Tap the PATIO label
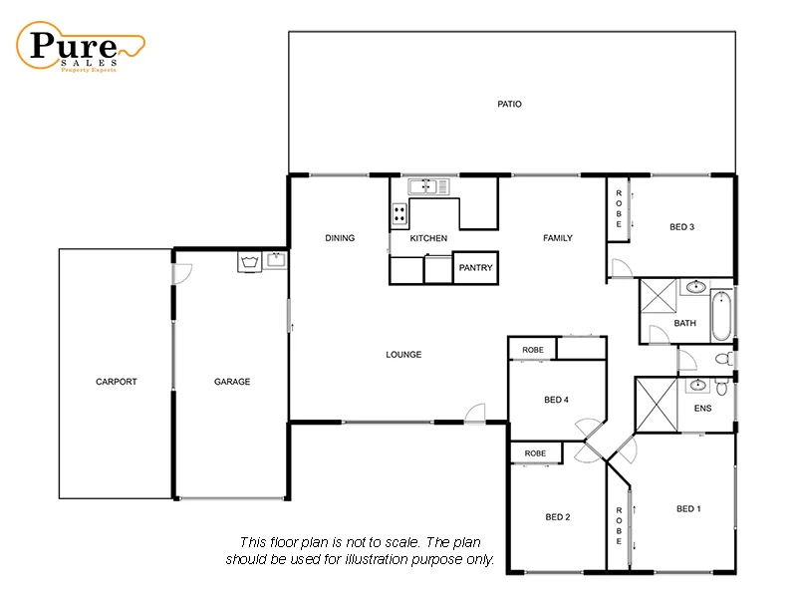510,104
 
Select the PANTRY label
474,268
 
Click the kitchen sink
428,185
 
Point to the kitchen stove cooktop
399,214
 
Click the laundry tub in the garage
249,262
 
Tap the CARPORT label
116,382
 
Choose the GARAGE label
232,382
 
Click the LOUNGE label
403,355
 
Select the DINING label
340,238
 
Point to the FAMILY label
558,238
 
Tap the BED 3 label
681,227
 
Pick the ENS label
701,409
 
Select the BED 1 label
688,509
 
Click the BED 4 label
556,400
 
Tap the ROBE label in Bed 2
535,453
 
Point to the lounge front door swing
475,413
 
